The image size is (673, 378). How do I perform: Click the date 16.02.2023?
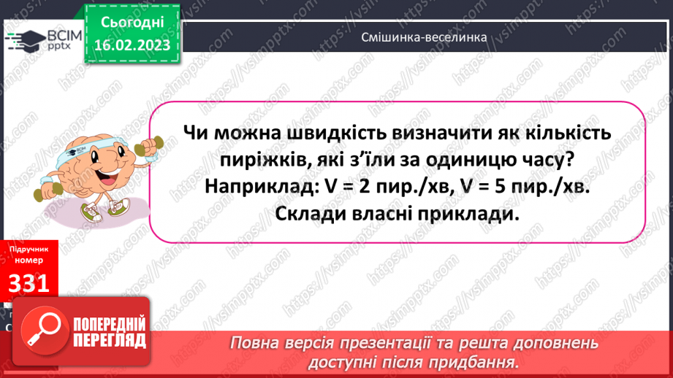[x=132, y=45]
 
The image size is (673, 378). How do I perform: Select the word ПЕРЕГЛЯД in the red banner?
[x=108, y=341]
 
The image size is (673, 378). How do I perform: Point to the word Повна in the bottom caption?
[x=256, y=343]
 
